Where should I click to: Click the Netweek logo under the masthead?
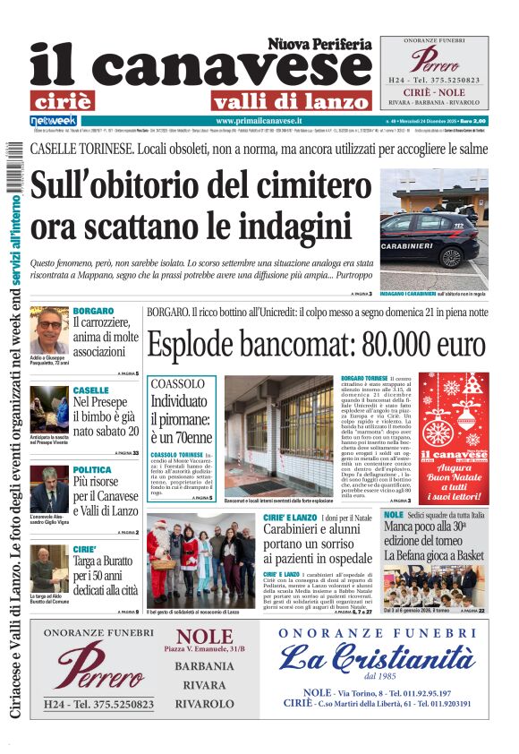click(x=54, y=120)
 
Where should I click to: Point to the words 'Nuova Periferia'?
click(x=319, y=43)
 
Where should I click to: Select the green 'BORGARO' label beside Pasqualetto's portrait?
click(x=93, y=311)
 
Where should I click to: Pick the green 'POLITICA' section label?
click(x=92, y=469)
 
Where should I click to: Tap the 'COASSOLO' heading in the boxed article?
click(x=177, y=383)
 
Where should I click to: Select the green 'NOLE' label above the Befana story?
click(x=394, y=516)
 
